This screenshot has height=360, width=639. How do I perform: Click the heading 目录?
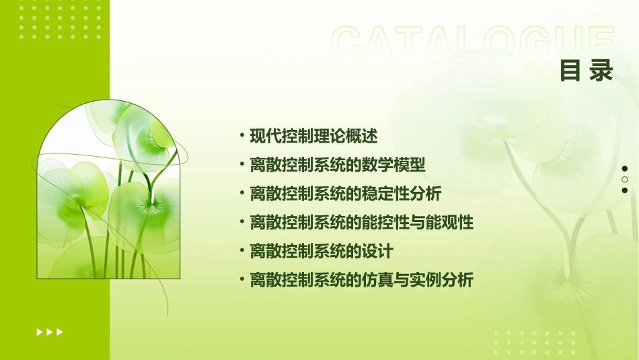587,71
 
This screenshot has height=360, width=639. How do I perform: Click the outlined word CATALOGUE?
473,42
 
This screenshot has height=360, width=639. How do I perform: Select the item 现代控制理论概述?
313,136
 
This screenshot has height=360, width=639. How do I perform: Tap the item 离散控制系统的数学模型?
338,165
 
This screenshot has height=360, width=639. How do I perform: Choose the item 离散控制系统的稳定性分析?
345,194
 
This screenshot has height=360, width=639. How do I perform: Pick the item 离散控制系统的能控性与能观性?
361,223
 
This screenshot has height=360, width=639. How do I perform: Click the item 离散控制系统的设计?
321,252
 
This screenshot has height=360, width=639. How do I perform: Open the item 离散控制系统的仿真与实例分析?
361,281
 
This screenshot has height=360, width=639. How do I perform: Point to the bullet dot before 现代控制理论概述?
242,136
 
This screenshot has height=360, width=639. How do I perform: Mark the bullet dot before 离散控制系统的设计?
242,252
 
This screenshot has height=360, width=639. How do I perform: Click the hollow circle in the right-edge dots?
625,180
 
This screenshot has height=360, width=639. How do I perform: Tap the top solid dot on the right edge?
625,169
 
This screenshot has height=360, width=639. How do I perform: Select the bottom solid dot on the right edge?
625,190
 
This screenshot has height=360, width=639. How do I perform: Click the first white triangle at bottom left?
39,332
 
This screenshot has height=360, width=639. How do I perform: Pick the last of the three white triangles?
60,332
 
